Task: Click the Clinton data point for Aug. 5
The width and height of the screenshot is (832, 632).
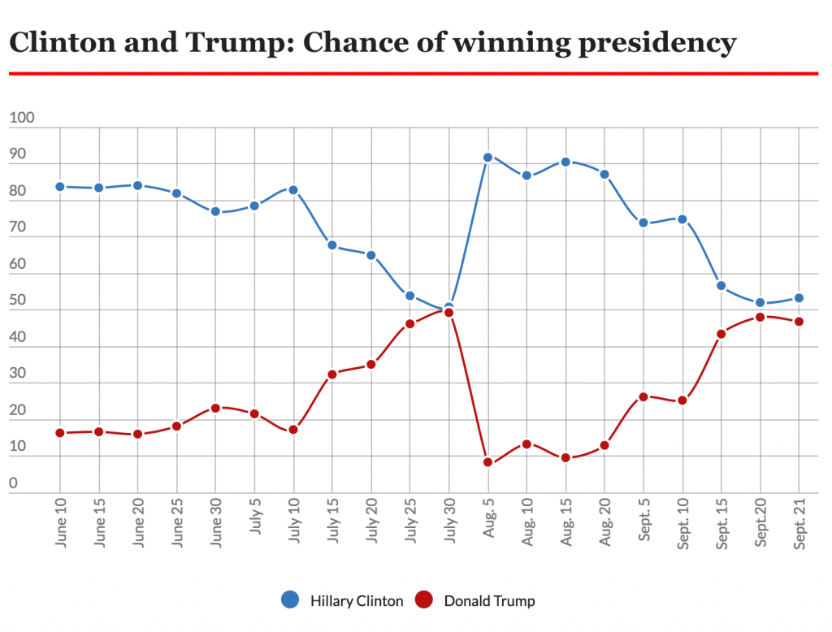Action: pos(487,158)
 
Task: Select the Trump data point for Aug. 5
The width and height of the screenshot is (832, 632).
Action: pos(487,462)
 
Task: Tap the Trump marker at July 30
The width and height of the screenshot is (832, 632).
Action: pos(448,313)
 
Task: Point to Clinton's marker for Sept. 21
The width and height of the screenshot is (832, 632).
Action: pos(799,298)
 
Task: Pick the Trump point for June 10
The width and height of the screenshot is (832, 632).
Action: pos(60,433)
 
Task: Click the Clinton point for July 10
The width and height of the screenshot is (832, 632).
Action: pos(293,190)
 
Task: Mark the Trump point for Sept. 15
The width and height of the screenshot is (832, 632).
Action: pos(721,334)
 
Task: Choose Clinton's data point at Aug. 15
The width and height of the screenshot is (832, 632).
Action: pos(565,162)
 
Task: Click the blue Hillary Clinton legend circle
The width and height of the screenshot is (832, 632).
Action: pos(290,600)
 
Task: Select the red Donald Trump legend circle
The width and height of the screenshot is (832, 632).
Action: pos(424,600)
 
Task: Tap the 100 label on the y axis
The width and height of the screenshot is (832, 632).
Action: pos(22,119)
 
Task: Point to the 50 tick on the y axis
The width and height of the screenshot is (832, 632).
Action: pos(18,301)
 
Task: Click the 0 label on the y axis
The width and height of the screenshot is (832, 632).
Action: pos(13,484)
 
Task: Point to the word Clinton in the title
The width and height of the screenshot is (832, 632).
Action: pos(61,42)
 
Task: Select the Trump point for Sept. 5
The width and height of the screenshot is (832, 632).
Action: pos(643,397)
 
